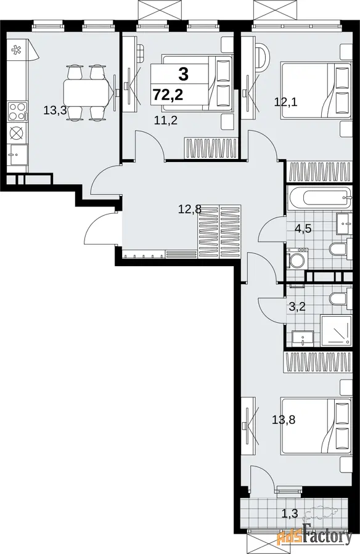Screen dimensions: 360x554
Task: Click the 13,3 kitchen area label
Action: pos(55,110)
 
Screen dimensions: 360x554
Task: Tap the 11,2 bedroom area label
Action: pos(165,121)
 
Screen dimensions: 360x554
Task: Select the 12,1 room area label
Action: pos(286,102)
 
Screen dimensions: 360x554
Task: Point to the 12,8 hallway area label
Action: pos(189,209)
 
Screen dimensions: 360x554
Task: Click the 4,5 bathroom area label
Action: pos(303,229)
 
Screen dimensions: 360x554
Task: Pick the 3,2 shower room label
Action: pos(297,306)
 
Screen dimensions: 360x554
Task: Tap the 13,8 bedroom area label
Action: pos(284,420)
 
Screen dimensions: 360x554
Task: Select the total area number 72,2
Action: pos(168,95)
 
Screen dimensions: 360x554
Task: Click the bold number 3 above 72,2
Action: pos(183,74)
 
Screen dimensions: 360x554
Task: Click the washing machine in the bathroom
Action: pos(297,258)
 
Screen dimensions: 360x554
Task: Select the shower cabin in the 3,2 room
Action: pos(336,331)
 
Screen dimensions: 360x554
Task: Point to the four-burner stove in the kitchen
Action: pos(18,112)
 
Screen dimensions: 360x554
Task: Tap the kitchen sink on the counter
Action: pos(18,155)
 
